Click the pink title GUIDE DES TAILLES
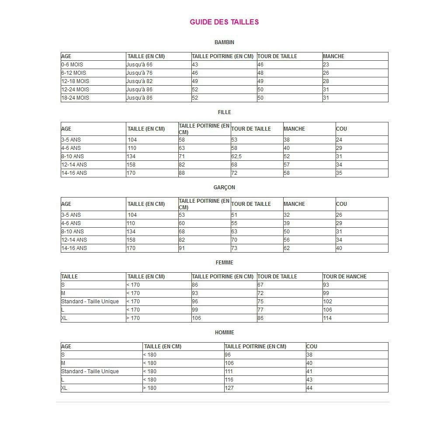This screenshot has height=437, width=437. click(x=224, y=22)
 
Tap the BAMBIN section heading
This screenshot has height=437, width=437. click(x=224, y=42)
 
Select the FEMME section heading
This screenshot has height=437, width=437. click(x=224, y=263)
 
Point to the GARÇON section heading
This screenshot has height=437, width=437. click(x=224, y=187)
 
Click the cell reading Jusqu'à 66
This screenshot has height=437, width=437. click(x=139, y=65)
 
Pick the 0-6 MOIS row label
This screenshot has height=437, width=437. click(x=72, y=65)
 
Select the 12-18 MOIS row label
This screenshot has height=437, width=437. click(x=75, y=81)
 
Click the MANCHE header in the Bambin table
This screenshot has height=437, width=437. click(x=333, y=56)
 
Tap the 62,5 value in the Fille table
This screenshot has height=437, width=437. click(x=236, y=156)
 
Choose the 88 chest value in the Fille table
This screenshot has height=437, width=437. click(x=182, y=173)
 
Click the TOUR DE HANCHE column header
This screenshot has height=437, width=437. click(x=344, y=277)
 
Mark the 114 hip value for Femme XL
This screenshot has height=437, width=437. click(x=327, y=318)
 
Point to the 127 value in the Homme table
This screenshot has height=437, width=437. click(x=229, y=388)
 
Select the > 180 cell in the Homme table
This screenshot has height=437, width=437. click(x=149, y=388)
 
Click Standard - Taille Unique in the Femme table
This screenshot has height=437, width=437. click(x=90, y=302)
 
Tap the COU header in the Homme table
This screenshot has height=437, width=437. click(x=312, y=347)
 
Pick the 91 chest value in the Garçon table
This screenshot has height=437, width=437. click(x=182, y=248)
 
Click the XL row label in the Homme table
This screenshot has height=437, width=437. click(x=64, y=388)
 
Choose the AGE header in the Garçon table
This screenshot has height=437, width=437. click(x=66, y=204)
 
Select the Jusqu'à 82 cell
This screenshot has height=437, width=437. click(x=139, y=81)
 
